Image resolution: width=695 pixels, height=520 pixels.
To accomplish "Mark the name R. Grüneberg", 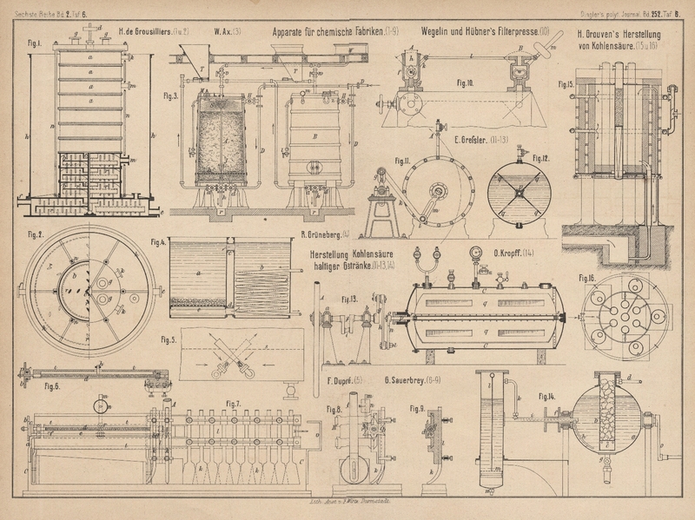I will pyautogui.click(x=324, y=234).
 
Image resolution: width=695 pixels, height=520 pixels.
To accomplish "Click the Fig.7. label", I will pyautogui.click(x=233, y=404).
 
